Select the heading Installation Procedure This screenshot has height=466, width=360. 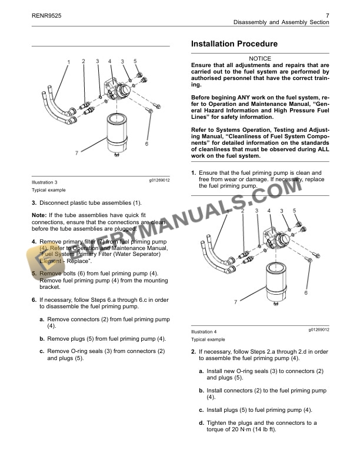tap(235, 44)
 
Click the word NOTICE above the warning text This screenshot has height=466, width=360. tap(260, 58)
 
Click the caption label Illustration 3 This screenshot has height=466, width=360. tap(45, 182)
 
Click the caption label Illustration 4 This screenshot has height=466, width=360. tap(204, 332)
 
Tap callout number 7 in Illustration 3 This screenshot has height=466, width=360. tap(76, 153)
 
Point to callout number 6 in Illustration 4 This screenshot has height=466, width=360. tap(306, 292)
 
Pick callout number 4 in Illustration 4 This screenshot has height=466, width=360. tap(269, 210)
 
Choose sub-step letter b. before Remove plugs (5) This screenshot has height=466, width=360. tap(42, 338)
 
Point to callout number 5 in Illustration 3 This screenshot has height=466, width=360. tap(135, 61)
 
